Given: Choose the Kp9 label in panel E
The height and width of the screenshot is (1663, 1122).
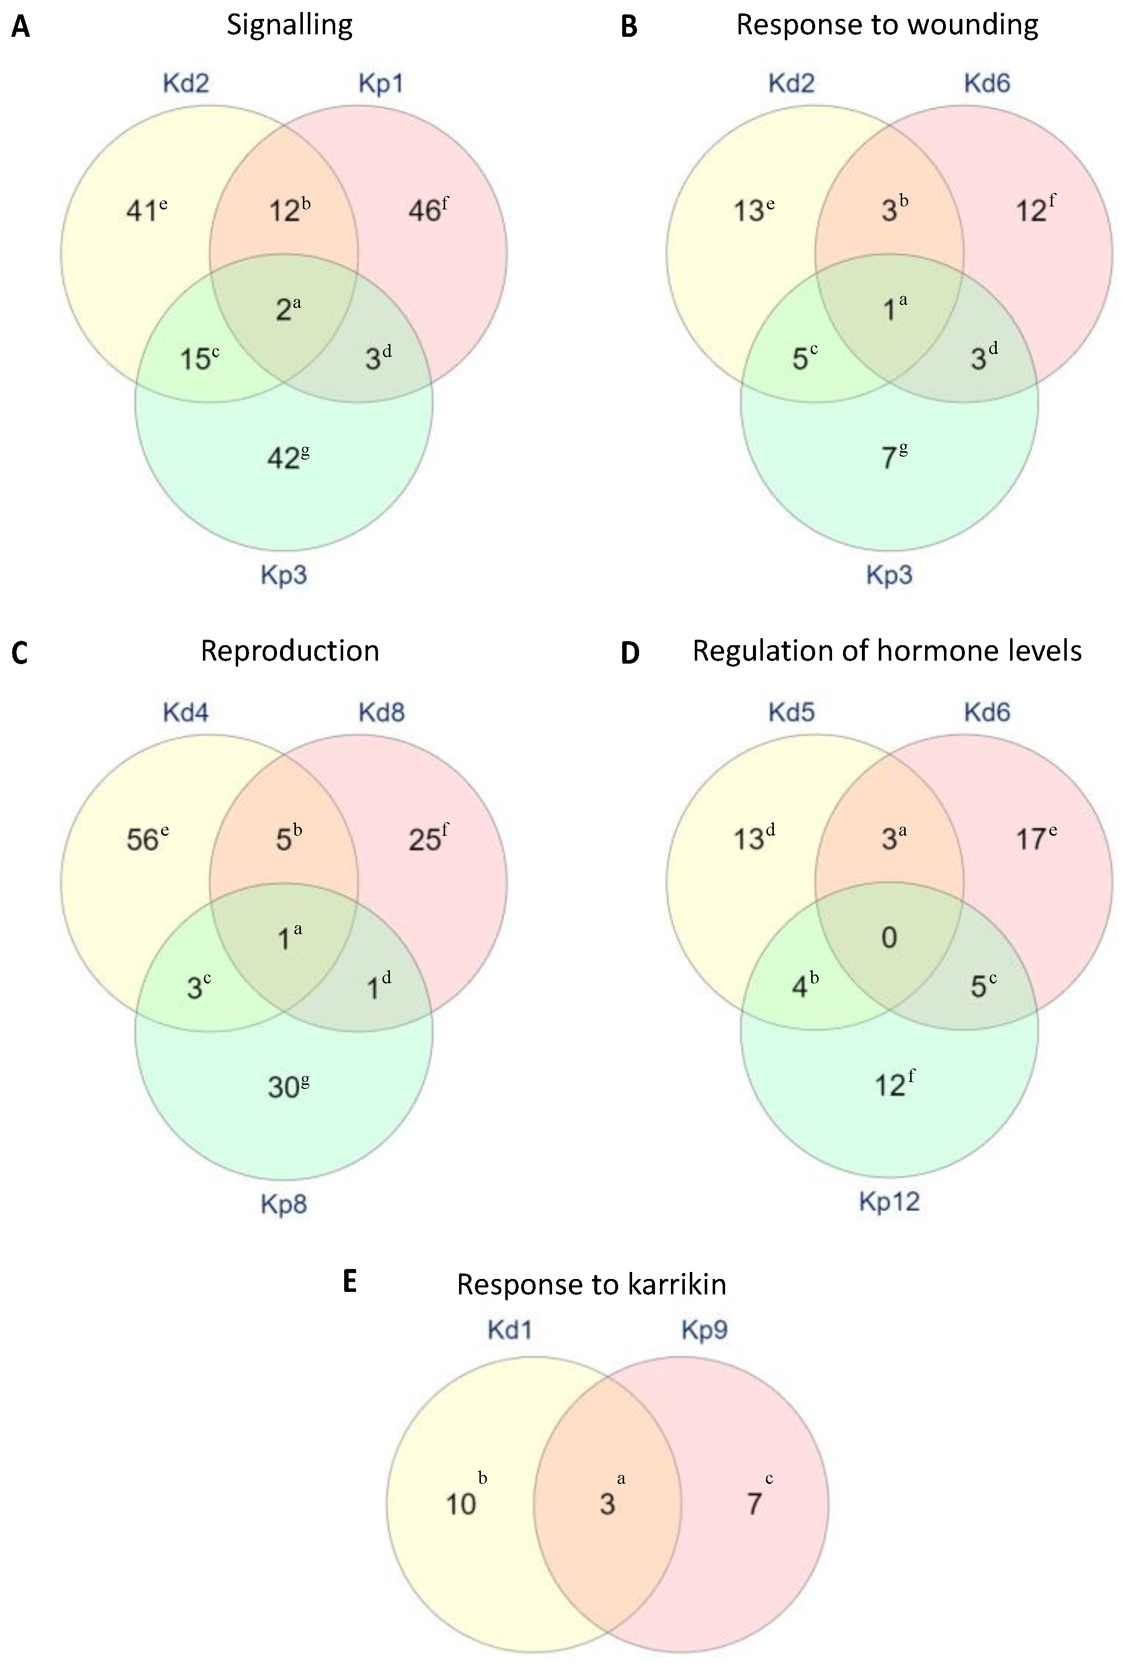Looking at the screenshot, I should pyautogui.click(x=705, y=1330).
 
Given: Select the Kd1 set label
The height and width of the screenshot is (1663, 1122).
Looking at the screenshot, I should pyautogui.click(x=509, y=1330).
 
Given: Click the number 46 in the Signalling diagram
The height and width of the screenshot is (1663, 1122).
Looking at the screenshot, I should pyautogui.click(x=424, y=211).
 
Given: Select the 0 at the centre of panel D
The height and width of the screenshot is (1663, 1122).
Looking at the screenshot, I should pyautogui.click(x=889, y=937).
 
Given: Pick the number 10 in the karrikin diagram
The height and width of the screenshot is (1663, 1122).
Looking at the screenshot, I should pyautogui.click(x=461, y=1504).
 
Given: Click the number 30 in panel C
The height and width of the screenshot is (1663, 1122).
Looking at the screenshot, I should pyautogui.click(x=283, y=1087).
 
